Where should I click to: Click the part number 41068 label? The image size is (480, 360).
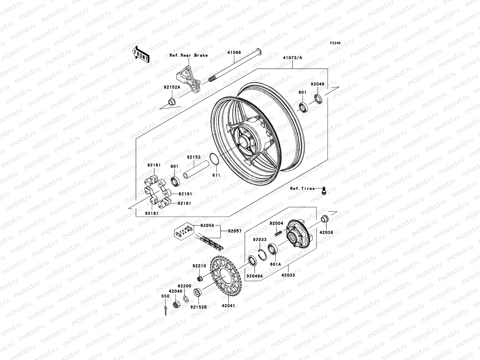234,52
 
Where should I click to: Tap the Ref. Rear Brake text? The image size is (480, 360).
193,55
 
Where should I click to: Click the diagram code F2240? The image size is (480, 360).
335,43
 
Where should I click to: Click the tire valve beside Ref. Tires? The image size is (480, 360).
323,190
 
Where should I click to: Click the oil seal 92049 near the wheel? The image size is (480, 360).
318,98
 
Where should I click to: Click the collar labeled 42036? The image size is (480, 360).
324,219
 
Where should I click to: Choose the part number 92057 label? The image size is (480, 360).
235,231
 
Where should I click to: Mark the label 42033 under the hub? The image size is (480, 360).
288,275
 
